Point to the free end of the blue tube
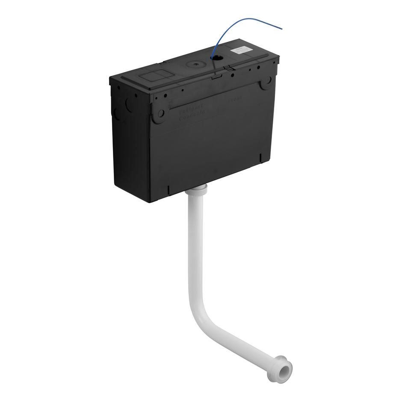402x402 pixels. (281, 29)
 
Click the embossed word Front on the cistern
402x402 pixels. (235, 99)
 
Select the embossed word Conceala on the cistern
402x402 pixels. (192, 112)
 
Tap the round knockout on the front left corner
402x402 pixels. (160, 114)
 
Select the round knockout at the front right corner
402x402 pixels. (267, 82)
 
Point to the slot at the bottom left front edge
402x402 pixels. (169, 189)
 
